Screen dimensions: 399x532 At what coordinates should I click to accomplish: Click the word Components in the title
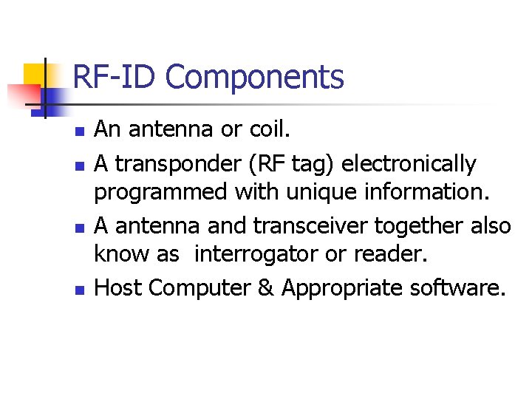(254, 78)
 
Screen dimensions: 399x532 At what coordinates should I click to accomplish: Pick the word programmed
(160, 193)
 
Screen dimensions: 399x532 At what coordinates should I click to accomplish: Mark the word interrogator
(253, 255)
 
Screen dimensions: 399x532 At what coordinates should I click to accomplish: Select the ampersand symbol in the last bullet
(266, 287)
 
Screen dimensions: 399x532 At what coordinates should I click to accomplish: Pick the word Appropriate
(341, 287)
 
